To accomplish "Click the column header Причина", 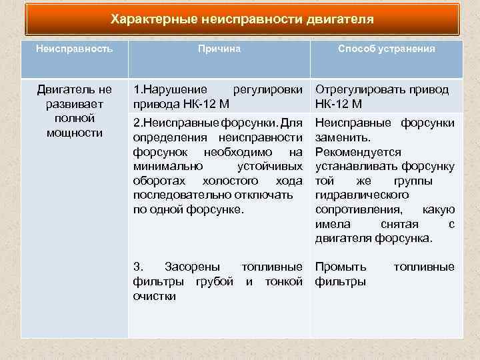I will [x=219, y=49].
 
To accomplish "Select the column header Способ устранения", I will [x=387, y=49].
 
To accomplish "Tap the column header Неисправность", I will [x=74, y=49].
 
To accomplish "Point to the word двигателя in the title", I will [x=340, y=19].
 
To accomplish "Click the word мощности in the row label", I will [x=74, y=133].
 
